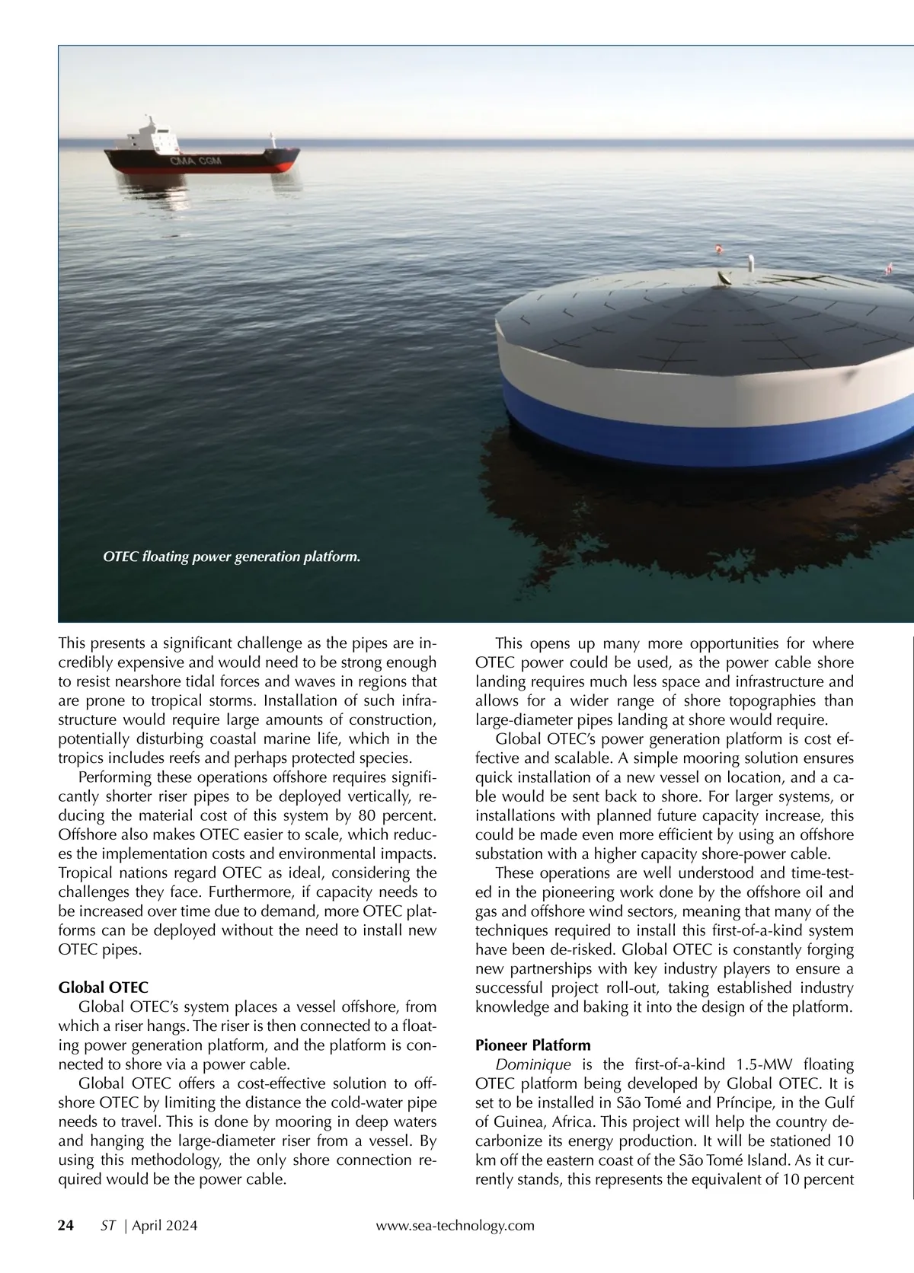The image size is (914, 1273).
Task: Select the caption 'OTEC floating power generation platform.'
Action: [x=232, y=557]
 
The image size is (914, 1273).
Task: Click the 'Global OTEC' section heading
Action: [x=103, y=987]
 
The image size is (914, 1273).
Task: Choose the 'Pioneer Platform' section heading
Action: [x=532, y=1045]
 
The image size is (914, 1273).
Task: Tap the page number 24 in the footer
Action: [x=66, y=1225]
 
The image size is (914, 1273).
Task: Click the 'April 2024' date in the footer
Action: [x=165, y=1225]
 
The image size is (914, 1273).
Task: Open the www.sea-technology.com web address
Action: [x=455, y=1225]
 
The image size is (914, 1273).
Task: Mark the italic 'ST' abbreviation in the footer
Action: [x=108, y=1225]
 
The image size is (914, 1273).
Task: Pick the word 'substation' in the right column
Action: [x=508, y=853]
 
